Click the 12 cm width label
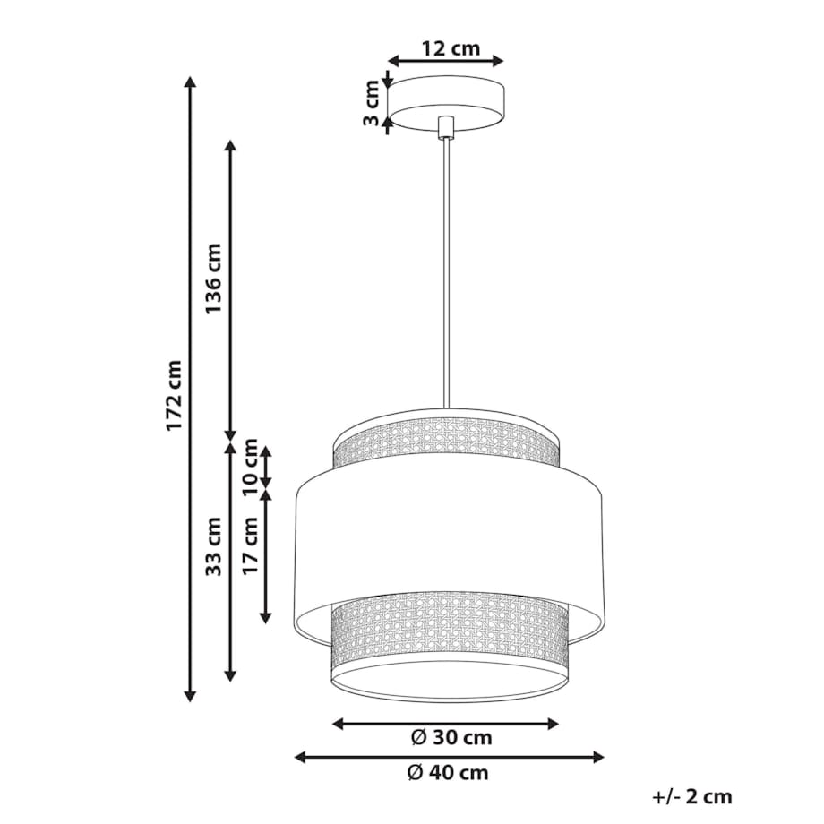(x=445, y=48)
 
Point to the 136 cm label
(x=214, y=279)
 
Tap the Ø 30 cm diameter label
(x=451, y=738)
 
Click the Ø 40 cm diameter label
(x=449, y=772)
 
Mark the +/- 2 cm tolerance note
(x=692, y=796)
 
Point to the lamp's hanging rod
(x=445, y=269)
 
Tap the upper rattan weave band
(x=446, y=445)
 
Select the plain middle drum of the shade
(x=448, y=537)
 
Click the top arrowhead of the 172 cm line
(x=189, y=82)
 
